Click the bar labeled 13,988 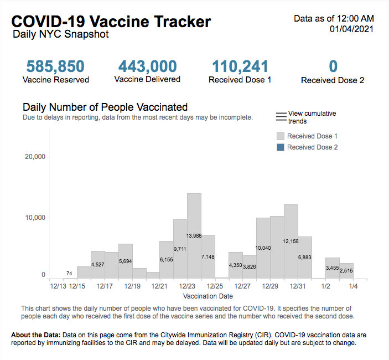coord(194,236)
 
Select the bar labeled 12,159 coord(291,241)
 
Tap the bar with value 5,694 coord(126,261)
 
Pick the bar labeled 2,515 coord(346,271)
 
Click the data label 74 coord(70,274)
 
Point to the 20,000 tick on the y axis coord(35,157)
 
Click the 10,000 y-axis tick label coord(35,218)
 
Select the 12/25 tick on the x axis coord(214,286)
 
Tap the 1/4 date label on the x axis coord(352,286)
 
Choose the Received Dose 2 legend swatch coord(280,147)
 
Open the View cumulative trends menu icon coord(281,117)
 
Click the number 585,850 coord(55,66)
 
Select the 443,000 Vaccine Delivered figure coord(147,66)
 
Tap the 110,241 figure coord(240,66)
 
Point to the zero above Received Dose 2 coord(333,66)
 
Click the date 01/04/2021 coord(351,29)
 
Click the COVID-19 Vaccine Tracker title coord(111,21)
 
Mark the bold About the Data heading coord(35,336)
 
